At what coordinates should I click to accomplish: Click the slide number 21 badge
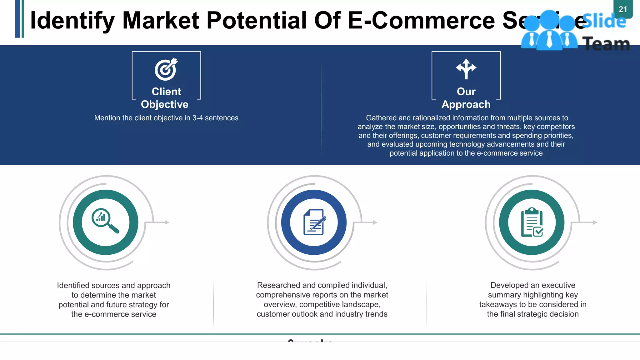click(623, 9)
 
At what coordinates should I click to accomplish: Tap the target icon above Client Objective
click(166, 69)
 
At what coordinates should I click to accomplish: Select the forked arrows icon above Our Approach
click(466, 68)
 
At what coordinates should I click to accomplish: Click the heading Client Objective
click(166, 98)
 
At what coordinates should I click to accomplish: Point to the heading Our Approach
click(466, 98)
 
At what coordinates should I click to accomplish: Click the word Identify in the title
click(72, 21)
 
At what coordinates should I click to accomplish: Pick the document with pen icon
click(314, 222)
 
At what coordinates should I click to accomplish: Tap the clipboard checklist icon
click(532, 222)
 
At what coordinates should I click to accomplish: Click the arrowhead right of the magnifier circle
click(167, 222)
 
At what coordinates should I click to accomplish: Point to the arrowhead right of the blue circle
click(375, 222)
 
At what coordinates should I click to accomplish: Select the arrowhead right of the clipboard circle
click(595, 222)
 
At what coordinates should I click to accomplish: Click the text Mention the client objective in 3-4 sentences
click(166, 118)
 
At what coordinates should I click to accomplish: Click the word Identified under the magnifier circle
click(72, 285)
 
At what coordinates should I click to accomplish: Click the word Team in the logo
click(606, 44)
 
